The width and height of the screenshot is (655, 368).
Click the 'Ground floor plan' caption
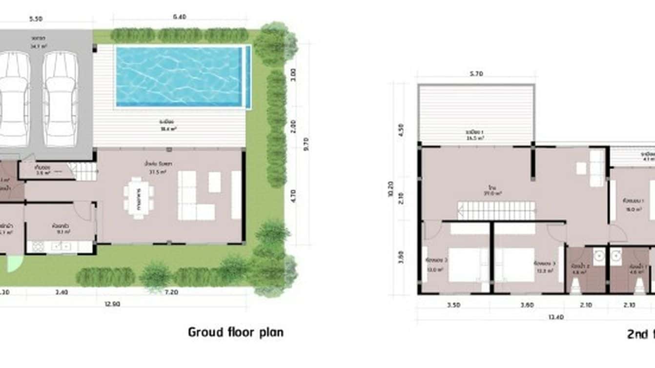(x=236, y=332)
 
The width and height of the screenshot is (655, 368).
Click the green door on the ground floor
(x=14, y=264)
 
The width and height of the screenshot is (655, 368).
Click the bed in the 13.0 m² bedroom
(x=468, y=264)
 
